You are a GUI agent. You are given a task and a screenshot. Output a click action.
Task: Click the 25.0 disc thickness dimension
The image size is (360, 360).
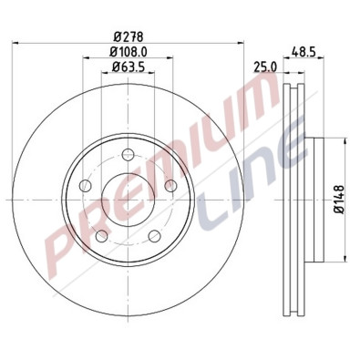coord(265,67)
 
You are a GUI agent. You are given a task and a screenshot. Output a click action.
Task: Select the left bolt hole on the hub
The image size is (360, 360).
coord(85,186)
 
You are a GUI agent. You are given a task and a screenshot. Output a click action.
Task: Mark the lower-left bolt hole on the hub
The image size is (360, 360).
coord(101,238)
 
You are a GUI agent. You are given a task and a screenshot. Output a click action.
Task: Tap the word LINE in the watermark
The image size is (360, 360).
coord(269,178)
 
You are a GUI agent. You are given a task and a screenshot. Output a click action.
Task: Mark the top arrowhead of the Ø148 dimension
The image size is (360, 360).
coord(346,139)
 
